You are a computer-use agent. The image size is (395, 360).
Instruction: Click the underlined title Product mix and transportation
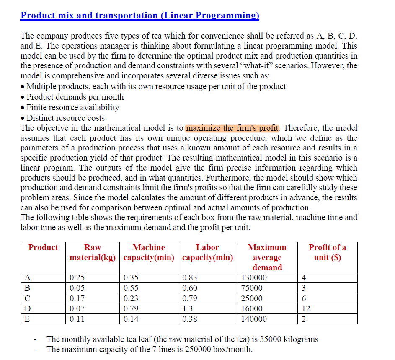pos(140,16)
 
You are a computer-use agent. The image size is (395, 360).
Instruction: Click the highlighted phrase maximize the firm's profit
pos(232,128)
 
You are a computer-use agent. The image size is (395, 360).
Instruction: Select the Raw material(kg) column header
pos(93,252)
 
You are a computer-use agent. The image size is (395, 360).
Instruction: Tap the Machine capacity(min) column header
pos(149,252)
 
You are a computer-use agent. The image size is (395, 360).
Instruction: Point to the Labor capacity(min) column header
pos(207,252)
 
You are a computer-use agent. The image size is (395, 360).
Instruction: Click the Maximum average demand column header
pos(267,257)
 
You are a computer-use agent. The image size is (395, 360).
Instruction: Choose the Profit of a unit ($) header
pos(327,252)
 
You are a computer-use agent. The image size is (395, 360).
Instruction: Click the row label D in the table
pos(28,309)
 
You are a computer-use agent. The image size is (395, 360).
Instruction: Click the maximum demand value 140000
pos(254,319)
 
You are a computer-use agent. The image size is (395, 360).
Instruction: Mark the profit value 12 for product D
pos(306,309)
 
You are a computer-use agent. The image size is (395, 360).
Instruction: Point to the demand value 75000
pos(252,288)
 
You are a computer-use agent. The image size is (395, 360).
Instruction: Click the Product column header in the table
pos(43,247)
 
